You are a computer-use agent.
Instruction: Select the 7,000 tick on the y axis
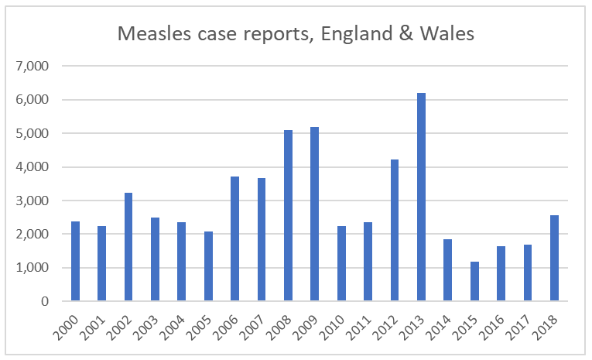click(33, 67)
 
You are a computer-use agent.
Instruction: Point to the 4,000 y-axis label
click(33, 167)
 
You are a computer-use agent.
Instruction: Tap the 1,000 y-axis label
click(33, 268)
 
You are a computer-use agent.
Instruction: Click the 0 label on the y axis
click(45, 301)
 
